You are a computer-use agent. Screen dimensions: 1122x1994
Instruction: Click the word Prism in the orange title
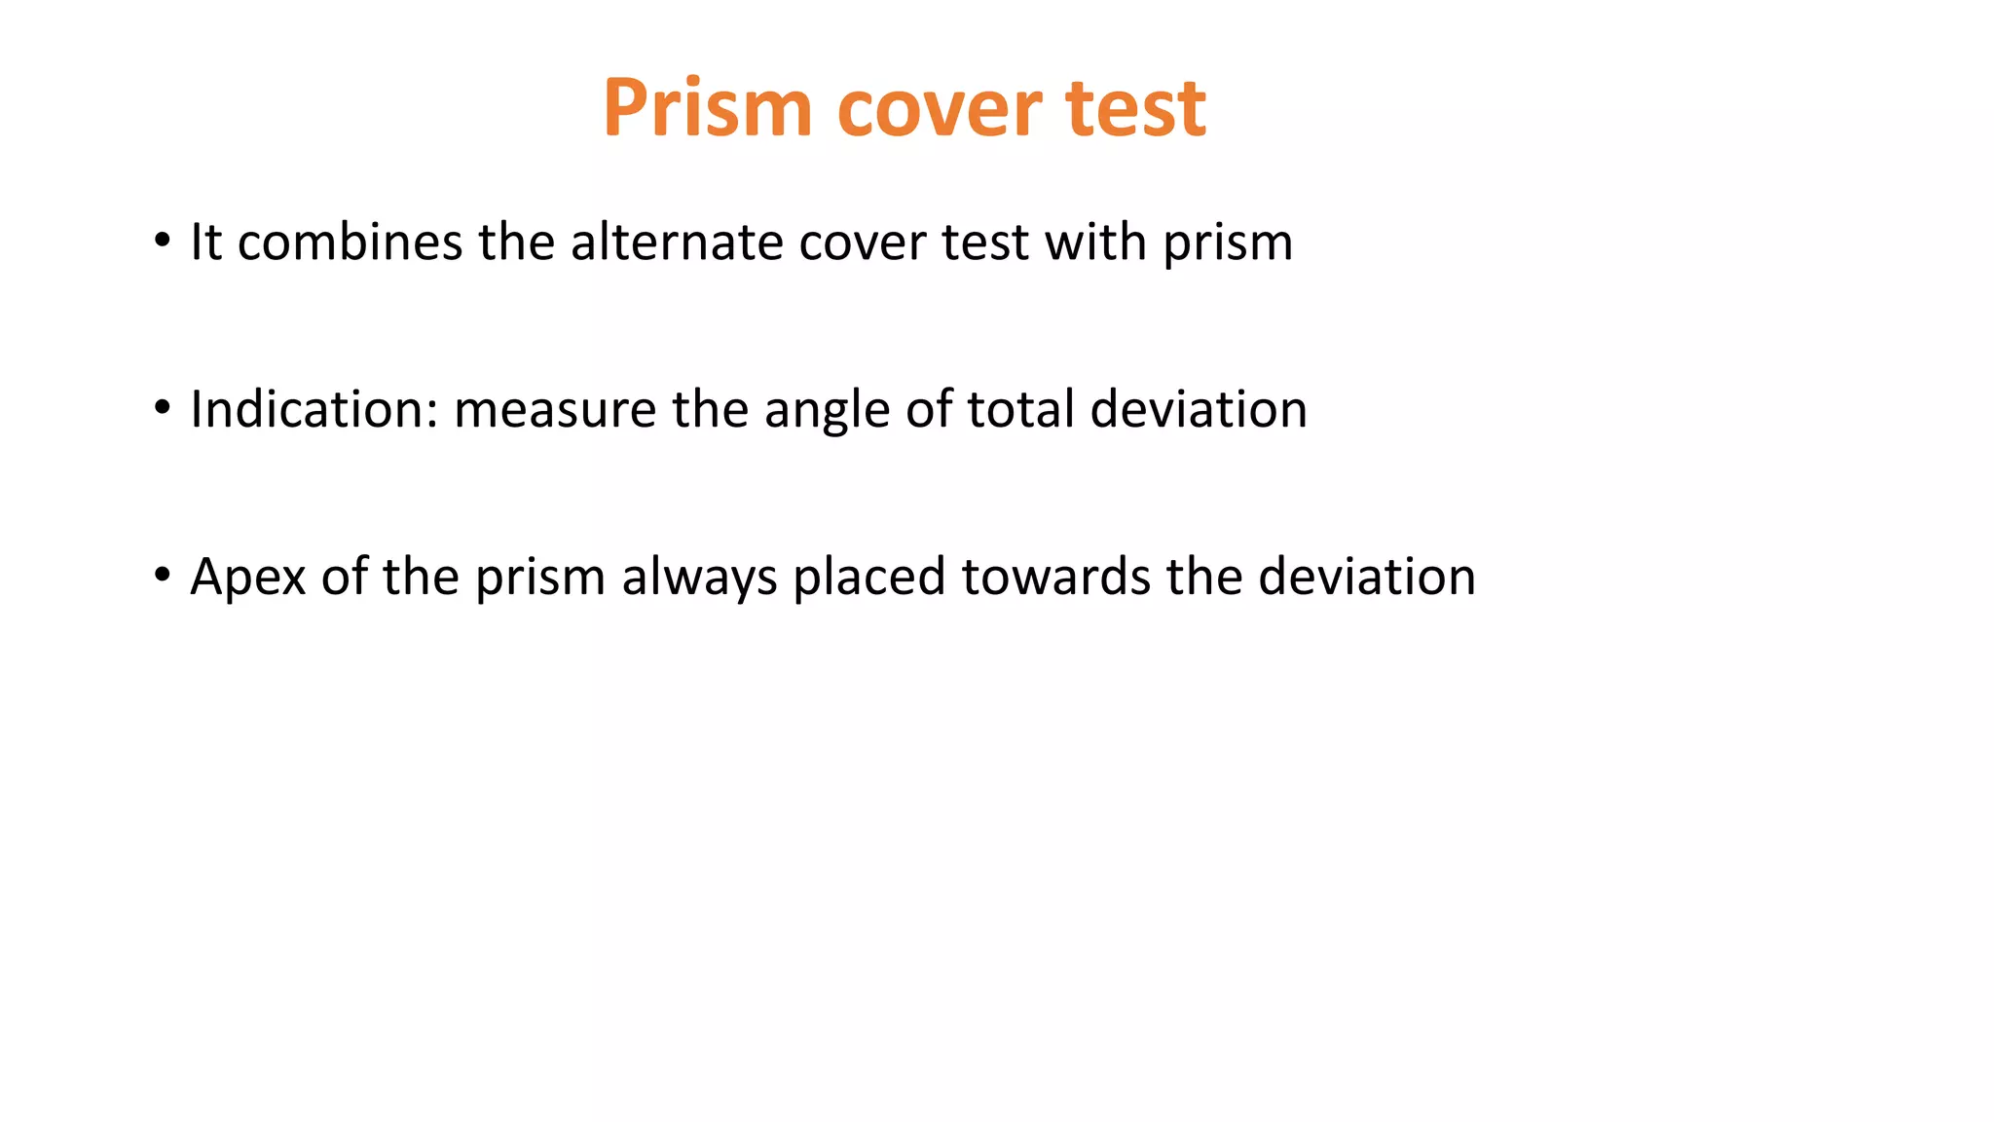(707, 107)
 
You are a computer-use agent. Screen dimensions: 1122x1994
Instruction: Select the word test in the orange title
(1135, 107)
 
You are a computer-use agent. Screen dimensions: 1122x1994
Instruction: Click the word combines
(350, 242)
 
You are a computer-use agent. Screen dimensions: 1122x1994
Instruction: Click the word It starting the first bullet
(205, 242)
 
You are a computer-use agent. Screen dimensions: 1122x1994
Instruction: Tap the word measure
(554, 409)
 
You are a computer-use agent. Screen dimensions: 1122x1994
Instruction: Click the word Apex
(248, 577)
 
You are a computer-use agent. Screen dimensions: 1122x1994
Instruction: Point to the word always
(699, 577)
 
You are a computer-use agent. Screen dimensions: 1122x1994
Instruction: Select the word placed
(868, 577)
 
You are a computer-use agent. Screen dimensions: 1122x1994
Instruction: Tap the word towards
(1055, 577)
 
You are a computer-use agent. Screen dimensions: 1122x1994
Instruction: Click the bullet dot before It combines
(162, 240)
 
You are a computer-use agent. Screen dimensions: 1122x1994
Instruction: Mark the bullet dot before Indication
(162, 407)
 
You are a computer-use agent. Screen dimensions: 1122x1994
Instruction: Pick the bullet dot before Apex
(162, 575)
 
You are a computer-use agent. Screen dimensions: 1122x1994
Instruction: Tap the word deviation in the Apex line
(1366, 577)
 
